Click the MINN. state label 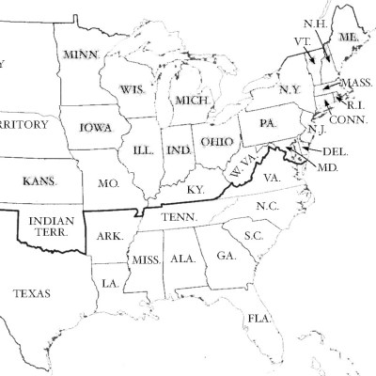82,56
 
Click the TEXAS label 33,294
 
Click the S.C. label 253,235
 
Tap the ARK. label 110,237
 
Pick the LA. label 110,282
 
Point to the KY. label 196,190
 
